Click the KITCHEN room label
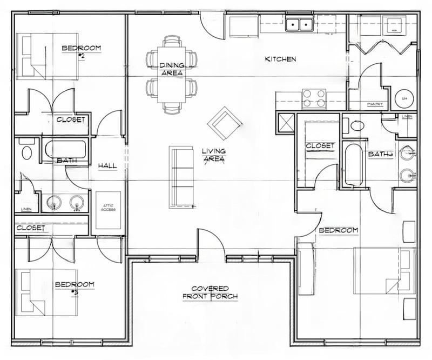tap(280, 59)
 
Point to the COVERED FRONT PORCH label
tap(210, 292)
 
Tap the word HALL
tap(108, 166)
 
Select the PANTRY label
tap(375, 104)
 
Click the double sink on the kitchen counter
tap(299, 24)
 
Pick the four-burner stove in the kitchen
tap(314, 98)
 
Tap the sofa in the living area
tap(181, 176)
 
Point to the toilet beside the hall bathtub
tap(26, 151)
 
